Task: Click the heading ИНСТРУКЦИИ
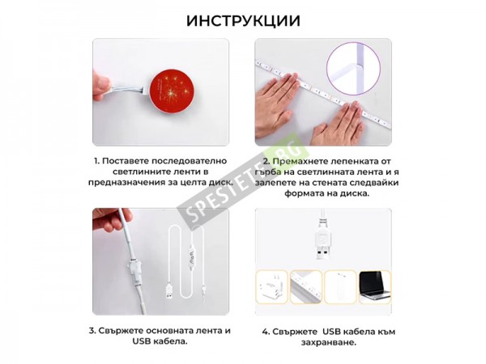pyautogui.click(x=243, y=21)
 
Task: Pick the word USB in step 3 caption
pyautogui.click(x=142, y=341)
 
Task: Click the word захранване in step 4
pyautogui.click(x=328, y=343)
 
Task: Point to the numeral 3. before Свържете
pyautogui.click(x=92, y=331)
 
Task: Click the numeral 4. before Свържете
pyautogui.click(x=266, y=332)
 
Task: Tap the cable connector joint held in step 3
pyautogui.click(x=133, y=269)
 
